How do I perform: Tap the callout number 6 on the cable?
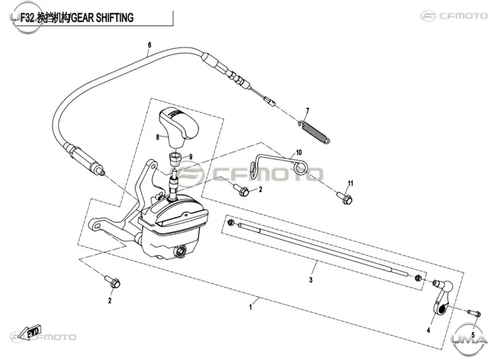pyautogui.click(x=150, y=45)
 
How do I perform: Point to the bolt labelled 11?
pyautogui.click(x=345, y=197)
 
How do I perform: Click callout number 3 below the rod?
pyautogui.click(x=310, y=280)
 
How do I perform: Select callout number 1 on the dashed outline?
pyautogui.click(x=250, y=307)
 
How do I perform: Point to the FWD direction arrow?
pyautogui.click(x=33, y=332)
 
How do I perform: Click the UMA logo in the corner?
pyautogui.click(x=469, y=340)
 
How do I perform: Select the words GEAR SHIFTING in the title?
pyautogui.click(x=103, y=18)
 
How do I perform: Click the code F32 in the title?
pyautogui.click(x=26, y=18)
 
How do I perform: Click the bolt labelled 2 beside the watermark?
pyautogui.click(x=242, y=190)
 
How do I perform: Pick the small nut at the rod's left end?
pyautogui.click(x=231, y=222)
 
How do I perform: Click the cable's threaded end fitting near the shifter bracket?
pyautogui.click(x=84, y=159)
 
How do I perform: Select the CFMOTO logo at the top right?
pyautogui.click(x=454, y=15)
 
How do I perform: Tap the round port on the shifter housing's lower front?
pyautogui.click(x=180, y=251)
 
